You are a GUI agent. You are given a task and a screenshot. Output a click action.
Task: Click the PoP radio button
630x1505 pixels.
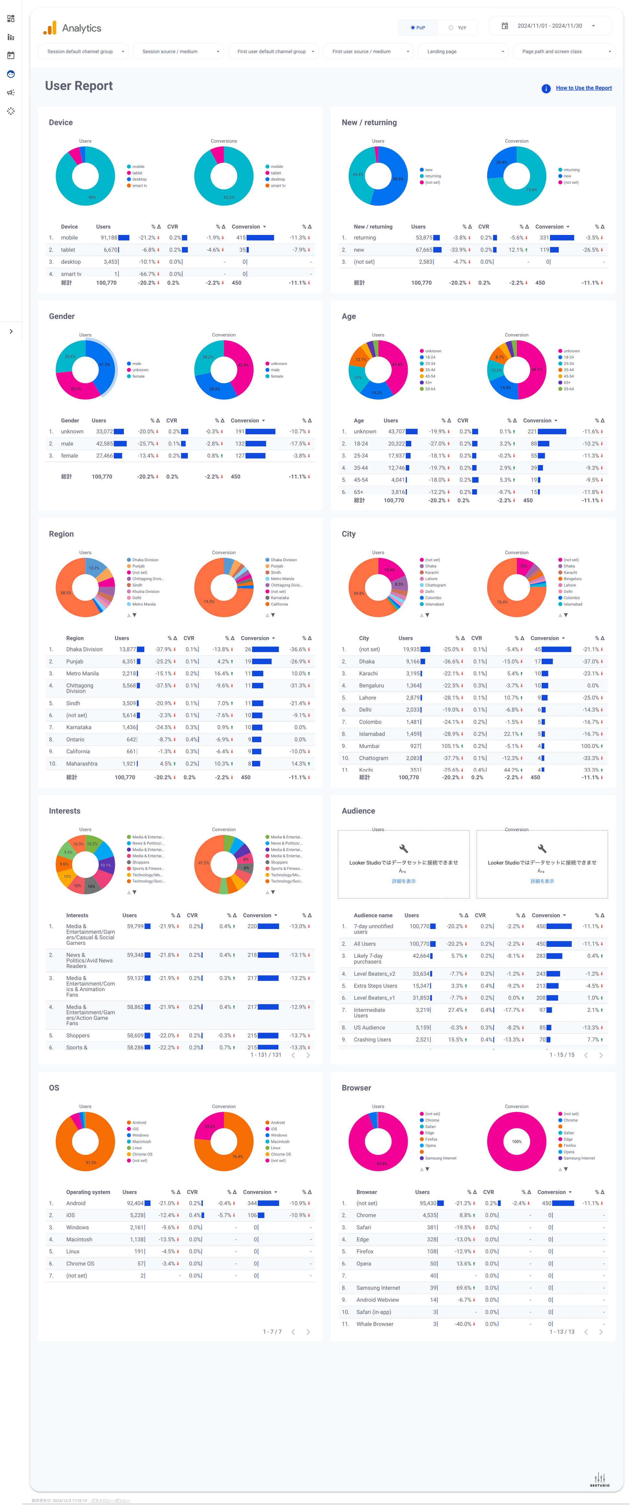(x=417, y=28)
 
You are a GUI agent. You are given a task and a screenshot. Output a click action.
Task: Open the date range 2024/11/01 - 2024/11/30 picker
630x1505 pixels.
(x=549, y=26)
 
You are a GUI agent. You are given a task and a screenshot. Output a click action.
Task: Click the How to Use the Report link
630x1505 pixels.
(x=583, y=88)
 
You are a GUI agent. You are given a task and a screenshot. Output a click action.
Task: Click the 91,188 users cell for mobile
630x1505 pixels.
(x=109, y=238)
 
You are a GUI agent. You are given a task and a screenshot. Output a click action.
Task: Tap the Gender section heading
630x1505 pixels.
(x=62, y=316)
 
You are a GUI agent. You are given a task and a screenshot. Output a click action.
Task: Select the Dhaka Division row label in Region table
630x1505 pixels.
(x=84, y=649)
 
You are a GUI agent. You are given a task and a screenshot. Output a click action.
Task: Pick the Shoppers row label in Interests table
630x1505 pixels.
(x=78, y=1035)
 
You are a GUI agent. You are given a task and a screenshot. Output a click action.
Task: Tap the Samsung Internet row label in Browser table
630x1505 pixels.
(x=378, y=1288)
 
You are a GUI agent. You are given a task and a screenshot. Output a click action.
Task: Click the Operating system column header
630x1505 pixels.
(x=88, y=1192)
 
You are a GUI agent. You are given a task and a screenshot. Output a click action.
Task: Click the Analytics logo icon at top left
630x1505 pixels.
(x=50, y=28)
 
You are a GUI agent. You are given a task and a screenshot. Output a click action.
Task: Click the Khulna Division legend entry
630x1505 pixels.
(x=145, y=591)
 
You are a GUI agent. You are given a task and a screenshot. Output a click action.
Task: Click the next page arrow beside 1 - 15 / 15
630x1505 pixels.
(x=601, y=1055)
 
